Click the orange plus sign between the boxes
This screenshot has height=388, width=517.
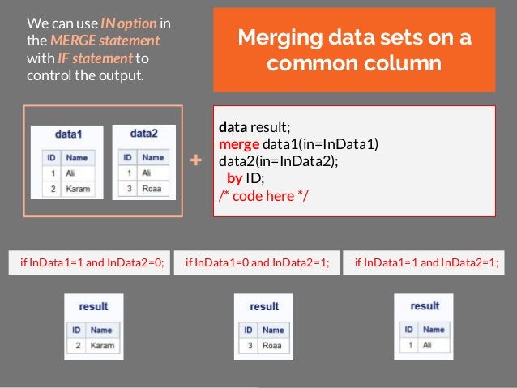tap(195, 161)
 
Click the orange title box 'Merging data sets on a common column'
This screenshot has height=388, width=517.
tap(354, 50)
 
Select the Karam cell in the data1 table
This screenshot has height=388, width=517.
tap(79, 190)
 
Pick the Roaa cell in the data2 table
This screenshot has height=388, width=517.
tap(151, 190)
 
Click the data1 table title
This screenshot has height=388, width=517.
tap(67, 133)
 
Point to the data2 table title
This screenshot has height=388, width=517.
tap(143, 133)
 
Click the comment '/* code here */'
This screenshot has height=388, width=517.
tap(261, 194)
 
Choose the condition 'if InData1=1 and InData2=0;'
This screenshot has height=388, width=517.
tap(89, 262)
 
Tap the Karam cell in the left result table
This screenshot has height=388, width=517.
tap(102, 347)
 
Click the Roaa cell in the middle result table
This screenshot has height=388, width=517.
tap(271, 347)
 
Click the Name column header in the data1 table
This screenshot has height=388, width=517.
tap(77, 157)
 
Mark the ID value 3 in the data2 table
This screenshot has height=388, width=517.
tap(128, 190)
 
